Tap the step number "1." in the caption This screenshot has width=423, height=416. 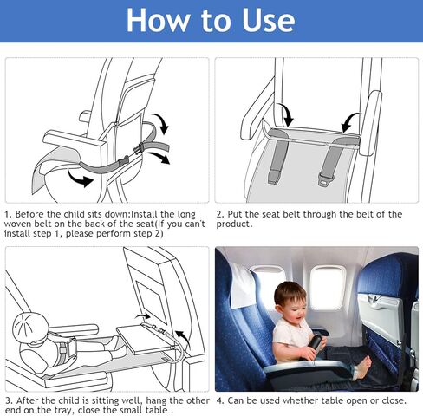(9, 213)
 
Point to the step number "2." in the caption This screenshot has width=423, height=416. (220, 213)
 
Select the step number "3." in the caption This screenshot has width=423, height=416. (9, 400)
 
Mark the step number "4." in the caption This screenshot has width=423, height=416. (220, 400)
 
